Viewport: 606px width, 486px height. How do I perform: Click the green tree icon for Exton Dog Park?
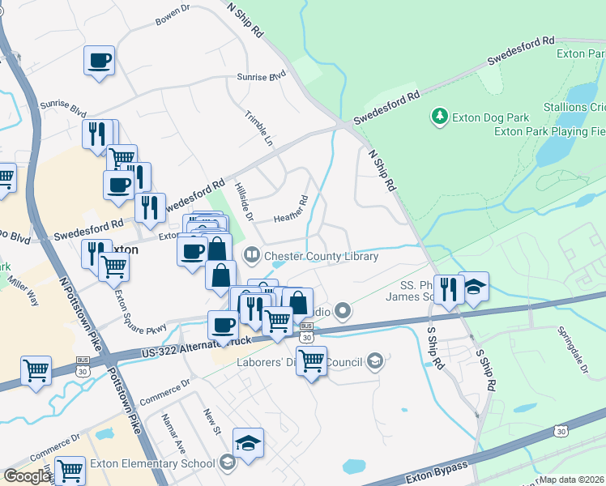click(440, 117)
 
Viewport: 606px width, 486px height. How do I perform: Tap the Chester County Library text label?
click(322, 257)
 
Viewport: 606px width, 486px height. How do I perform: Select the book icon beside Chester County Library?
click(252, 257)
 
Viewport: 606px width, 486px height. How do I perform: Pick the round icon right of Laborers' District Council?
click(374, 360)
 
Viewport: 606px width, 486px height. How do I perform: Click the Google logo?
click(26, 477)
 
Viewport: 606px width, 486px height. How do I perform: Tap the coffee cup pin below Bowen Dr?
click(99, 61)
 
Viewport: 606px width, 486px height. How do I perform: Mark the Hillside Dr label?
click(244, 202)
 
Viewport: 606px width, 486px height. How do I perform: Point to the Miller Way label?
click(23, 292)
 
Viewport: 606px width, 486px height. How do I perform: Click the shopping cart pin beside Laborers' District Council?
click(311, 360)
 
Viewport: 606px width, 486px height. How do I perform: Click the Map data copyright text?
click(572, 480)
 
